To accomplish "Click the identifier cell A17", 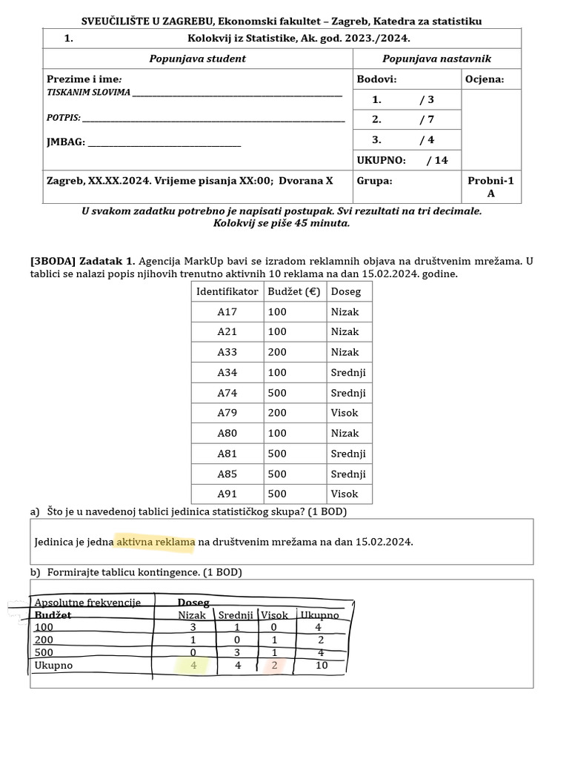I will point(227,312).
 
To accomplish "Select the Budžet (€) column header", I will point(294,291).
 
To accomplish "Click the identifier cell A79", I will point(227,413).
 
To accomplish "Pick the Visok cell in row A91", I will point(345,494).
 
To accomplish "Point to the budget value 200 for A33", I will point(277,352).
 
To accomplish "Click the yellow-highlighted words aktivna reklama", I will point(156,542).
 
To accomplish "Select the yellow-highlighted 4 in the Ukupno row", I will point(193,665).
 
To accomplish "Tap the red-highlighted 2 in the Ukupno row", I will point(273,665).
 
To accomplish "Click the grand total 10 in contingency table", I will point(320,665).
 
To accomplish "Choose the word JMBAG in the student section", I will point(64,142).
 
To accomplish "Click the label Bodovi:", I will point(376,79).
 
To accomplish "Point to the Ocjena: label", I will point(485,79).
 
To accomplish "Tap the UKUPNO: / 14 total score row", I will point(402,160).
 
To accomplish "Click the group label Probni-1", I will point(490,180).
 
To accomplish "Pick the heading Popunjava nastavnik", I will point(436,59).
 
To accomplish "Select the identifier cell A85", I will point(227,474).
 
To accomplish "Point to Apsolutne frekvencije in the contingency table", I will point(87,603).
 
